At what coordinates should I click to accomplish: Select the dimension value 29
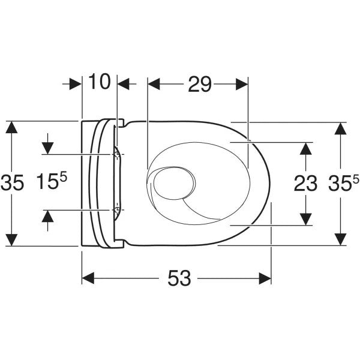click(x=199, y=85)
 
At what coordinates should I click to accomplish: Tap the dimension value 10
click(x=100, y=82)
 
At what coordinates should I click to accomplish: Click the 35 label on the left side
click(x=13, y=182)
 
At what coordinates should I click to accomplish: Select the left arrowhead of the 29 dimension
click(x=154, y=85)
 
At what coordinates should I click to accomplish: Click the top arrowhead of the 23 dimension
click(x=305, y=148)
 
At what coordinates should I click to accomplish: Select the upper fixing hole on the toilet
click(x=116, y=155)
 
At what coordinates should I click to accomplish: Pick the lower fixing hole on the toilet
click(x=116, y=210)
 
